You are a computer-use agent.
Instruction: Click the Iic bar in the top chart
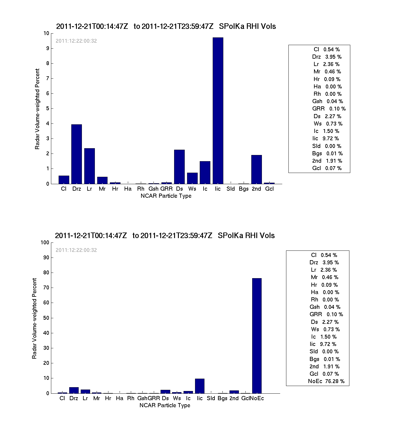[x=218, y=111]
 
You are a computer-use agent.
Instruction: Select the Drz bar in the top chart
[x=77, y=154]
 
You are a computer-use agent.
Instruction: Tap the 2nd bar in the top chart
[x=256, y=169]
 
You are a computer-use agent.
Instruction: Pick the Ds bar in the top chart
[x=179, y=167]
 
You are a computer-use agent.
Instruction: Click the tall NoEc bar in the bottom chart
[x=257, y=336]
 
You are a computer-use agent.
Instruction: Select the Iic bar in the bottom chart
[x=200, y=386]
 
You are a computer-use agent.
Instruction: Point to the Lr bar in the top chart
[x=89, y=166]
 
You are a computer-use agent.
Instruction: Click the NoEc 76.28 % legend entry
[x=326, y=381]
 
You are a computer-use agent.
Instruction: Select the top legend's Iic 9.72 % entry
[x=326, y=138]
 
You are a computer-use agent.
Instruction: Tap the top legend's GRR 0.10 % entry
[x=329, y=109]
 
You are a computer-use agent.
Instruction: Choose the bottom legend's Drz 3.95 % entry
[x=324, y=263]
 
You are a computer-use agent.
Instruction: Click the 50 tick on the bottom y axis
[x=46, y=318]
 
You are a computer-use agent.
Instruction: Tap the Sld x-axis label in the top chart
[x=230, y=189]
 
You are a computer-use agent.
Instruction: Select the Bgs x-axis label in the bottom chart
[x=222, y=398]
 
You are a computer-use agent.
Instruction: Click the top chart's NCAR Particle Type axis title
[x=166, y=196]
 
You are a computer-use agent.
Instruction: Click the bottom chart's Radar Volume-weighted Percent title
[x=34, y=318]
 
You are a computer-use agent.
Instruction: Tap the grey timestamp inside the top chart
[x=76, y=41]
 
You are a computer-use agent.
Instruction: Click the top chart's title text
[x=166, y=27]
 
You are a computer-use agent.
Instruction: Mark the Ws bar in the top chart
[x=192, y=178]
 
